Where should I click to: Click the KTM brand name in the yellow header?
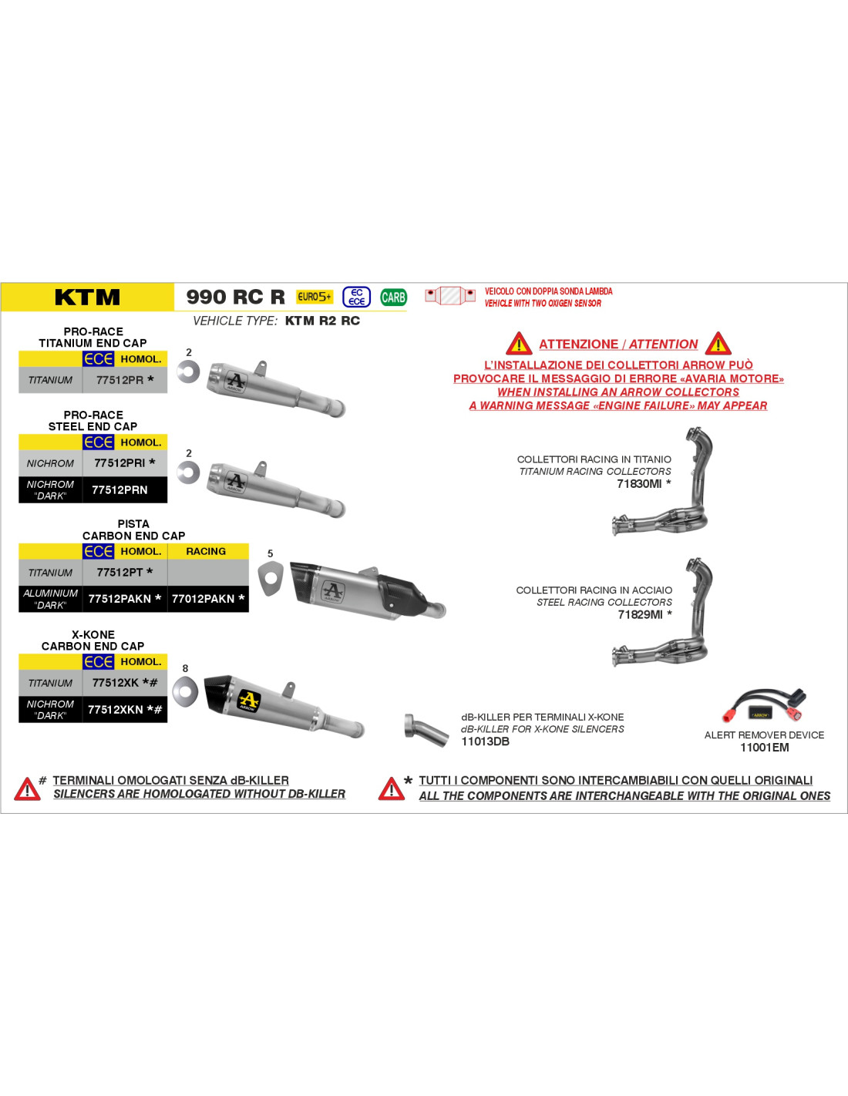(87, 297)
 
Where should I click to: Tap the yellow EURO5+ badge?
(315, 297)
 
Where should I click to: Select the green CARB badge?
(393, 297)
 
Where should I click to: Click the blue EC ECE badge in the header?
(357, 297)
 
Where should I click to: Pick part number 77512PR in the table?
(120, 380)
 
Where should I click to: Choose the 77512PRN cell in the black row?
(119, 489)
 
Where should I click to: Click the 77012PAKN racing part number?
(204, 599)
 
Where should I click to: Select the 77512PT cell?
(120, 573)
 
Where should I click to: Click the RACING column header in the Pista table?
(206, 551)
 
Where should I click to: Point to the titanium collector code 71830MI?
(639, 484)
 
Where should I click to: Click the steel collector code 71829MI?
(640, 614)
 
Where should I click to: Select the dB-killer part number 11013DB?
(486, 741)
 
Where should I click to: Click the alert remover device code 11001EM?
(764, 748)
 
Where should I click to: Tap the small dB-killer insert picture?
(426, 730)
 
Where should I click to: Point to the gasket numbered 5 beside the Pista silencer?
(271, 580)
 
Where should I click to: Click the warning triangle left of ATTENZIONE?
(519, 344)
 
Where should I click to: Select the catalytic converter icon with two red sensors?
(450, 295)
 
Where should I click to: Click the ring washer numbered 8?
(185, 692)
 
